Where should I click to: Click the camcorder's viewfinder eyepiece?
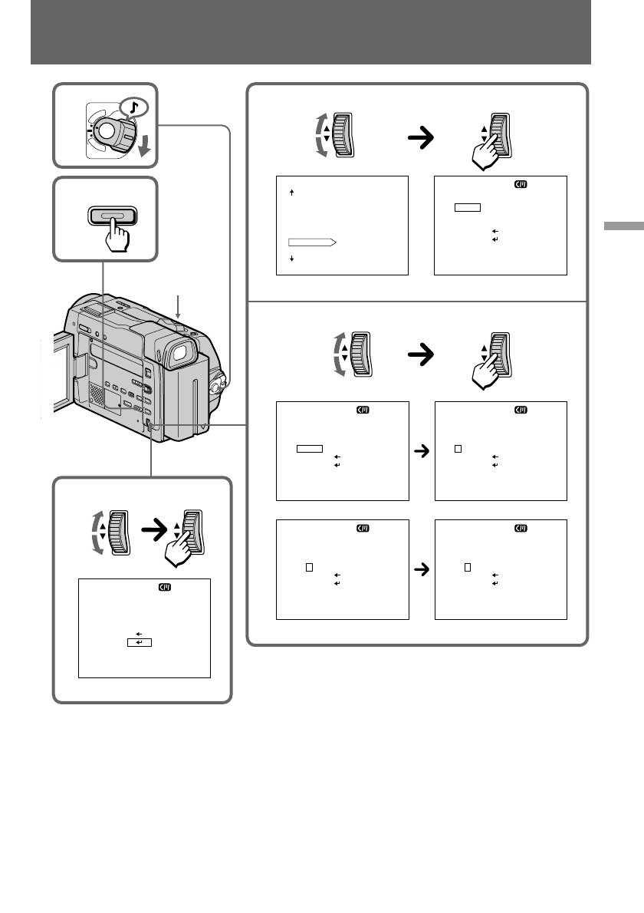(179, 353)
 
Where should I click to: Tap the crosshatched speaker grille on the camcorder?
(94, 394)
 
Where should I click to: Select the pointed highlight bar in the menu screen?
(311, 242)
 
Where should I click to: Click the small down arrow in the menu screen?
(292, 259)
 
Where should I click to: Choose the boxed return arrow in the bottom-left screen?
(140, 642)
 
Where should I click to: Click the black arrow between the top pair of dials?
(419, 137)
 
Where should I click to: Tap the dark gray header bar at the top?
(310, 32)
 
